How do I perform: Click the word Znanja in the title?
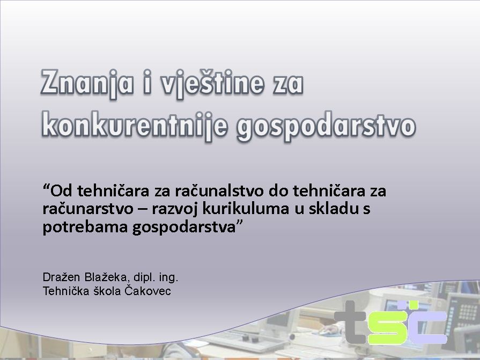click(87, 84)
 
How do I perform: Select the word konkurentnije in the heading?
click(135, 126)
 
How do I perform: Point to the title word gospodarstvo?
click(326, 126)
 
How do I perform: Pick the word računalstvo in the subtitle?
click(219, 190)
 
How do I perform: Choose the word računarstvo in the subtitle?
click(88, 209)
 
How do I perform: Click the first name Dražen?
click(61, 277)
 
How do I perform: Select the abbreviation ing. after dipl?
click(169, 278)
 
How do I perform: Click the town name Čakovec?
click(147, 290)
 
